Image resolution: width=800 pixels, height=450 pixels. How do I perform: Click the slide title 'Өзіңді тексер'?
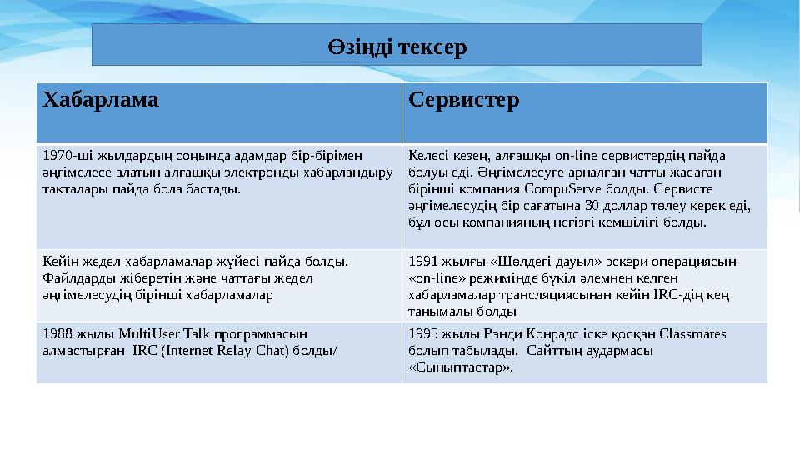[396, 45]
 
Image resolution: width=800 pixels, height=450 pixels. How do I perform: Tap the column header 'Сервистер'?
[464, 101]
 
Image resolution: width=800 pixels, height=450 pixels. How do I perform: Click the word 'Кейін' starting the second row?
[57, 260]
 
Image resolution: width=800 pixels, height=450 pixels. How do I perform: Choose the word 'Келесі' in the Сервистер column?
[427, 155]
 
